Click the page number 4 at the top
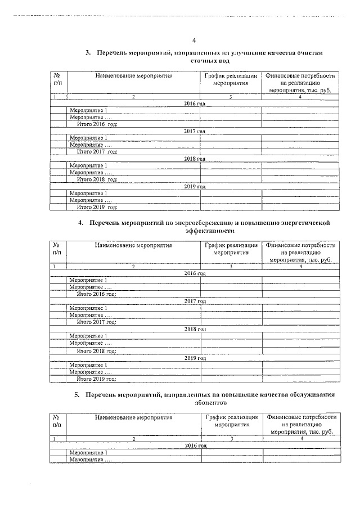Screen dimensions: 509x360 coord(194,40)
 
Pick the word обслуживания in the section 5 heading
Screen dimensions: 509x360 coord(314,395)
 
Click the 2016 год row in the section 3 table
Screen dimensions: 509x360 coord(195,104)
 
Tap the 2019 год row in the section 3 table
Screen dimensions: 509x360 coord(195,186)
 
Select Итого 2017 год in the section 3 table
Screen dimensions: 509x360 coord(97,152)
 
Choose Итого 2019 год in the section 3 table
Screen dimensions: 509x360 coord(97,207)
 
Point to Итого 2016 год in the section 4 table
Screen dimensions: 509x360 coord(96,294)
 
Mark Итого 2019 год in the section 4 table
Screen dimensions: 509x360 coord(96,379)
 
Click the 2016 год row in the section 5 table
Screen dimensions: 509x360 coord(195,445)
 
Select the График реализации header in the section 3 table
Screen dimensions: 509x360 coord(231,79)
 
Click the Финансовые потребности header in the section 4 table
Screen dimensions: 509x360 coord(301,253)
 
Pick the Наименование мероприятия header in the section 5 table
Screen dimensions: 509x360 coord(133,418)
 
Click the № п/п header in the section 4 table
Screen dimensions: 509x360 coord(57,249)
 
